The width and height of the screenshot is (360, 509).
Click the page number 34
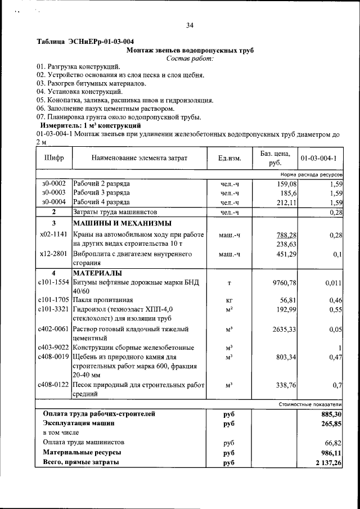tap(190, 25)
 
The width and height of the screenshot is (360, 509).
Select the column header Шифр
tap(54, 157)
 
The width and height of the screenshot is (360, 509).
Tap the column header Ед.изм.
tap(229, 158)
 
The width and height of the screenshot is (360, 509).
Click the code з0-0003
tap(54, 193)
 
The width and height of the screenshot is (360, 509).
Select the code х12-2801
tap(54, 254)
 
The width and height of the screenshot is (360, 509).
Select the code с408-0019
tap(54, 357)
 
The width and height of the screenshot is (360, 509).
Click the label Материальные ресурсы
tap(82, 452)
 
